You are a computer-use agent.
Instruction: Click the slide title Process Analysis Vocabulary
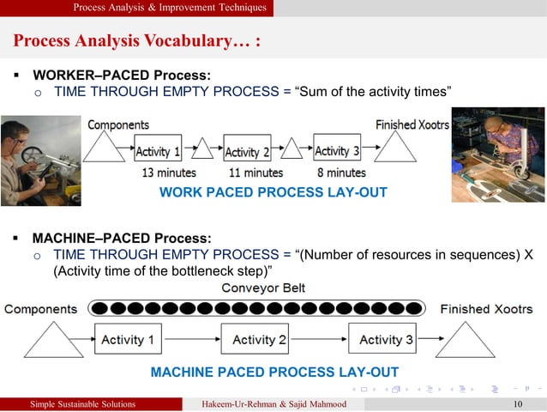point(137,41)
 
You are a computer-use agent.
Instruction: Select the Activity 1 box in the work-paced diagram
point(157,152)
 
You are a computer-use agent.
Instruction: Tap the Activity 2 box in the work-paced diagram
point(247,152)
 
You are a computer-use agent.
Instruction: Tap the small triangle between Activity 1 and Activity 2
point(202,149)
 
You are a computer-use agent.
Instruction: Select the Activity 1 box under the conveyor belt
point(128,340)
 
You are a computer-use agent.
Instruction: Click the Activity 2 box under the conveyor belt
point(259,340)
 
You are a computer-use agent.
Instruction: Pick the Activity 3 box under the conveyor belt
point(387,340)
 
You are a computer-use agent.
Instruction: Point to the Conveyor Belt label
point(263,288)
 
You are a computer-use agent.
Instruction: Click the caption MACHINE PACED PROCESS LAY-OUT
point(274,373)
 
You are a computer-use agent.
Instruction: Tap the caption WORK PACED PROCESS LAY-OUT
point(273,193)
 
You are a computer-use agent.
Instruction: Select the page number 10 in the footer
point(516,404)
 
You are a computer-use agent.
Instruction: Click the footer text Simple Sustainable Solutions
point(82,404)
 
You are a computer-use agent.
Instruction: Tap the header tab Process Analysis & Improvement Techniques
point(170,8)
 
